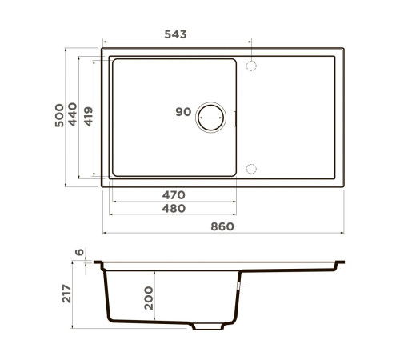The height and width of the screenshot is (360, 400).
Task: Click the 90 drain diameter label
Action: coord(183,112)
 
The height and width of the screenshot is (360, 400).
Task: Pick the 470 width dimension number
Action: coord(173,194)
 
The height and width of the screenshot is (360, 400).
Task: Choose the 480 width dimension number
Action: coord(173,209)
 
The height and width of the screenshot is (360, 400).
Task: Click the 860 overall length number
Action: coord(222,226)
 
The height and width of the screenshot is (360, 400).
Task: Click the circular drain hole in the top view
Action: coord(213,117)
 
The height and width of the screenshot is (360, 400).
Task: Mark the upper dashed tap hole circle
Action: coord(251,65)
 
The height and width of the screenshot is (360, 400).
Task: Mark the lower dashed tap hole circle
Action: coord(251,168)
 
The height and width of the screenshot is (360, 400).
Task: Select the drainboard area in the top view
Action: coord(292,117)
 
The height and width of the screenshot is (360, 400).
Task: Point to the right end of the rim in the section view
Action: coord(342,262)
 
